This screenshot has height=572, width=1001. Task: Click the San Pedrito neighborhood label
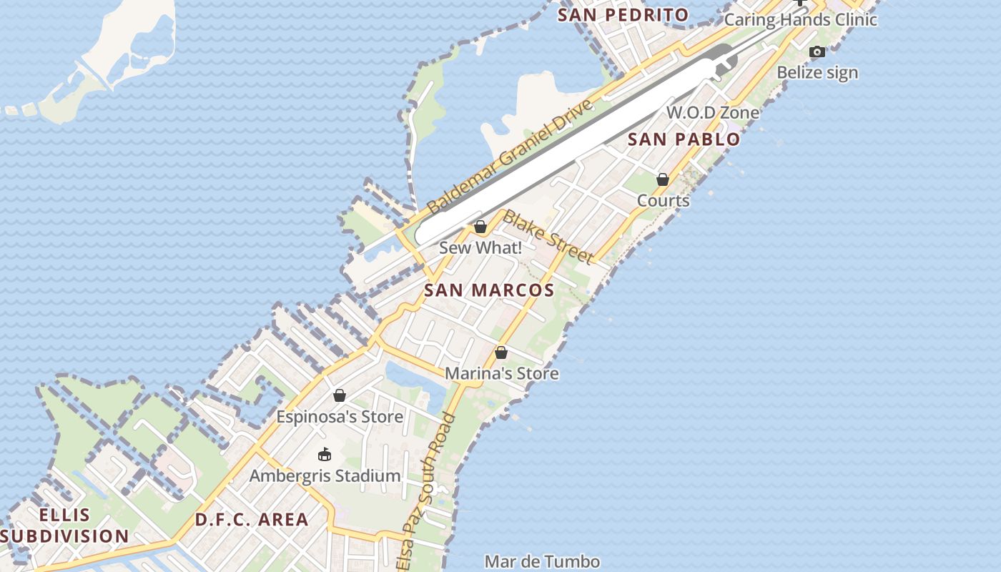point(623,14)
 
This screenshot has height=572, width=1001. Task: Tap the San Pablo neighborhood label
point(684,139)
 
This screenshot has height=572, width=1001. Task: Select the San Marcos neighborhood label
point(489,290)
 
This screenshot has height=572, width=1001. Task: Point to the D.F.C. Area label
point(252,519)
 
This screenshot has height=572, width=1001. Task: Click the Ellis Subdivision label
point(64,526)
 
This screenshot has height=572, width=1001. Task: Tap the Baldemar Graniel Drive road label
point(511,157)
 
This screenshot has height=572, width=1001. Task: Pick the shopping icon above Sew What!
point(480,227)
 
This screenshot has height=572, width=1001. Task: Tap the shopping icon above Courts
point(663,179)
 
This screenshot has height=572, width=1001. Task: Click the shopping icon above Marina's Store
point(501,352)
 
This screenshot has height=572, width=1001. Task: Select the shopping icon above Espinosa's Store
point(340,395)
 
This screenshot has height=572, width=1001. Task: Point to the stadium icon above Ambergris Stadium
point(325,454)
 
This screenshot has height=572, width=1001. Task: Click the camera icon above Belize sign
point(817,51)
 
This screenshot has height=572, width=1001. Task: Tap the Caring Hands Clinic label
point(801,19)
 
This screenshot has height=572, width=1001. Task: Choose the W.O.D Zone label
point(713,112)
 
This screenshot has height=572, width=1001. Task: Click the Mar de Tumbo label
point(542,561)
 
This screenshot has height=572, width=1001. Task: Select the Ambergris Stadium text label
point(325,475)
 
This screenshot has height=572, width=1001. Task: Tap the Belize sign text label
point(817,72)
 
